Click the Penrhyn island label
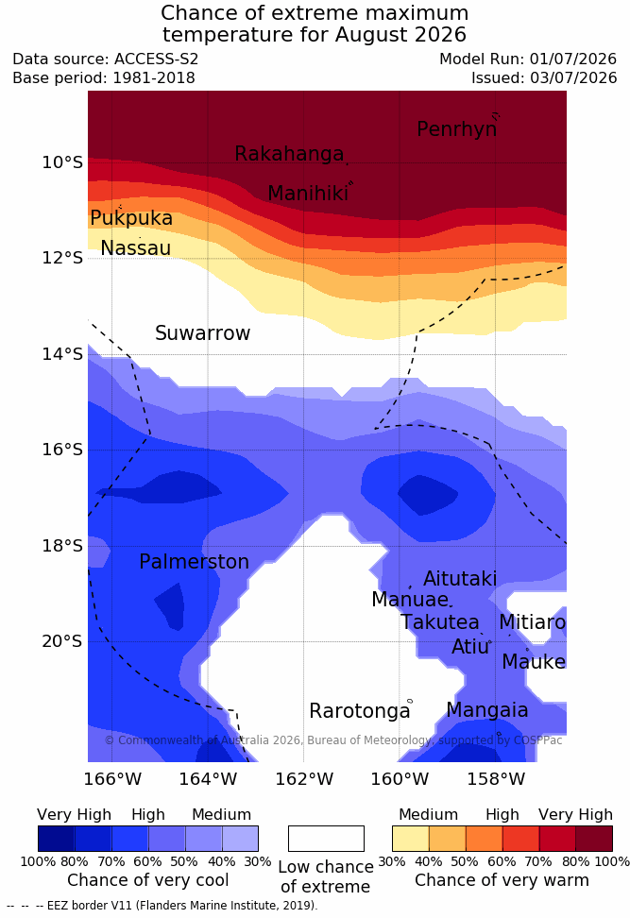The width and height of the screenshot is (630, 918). [x=457, y=128]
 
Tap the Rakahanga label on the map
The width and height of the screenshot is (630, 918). [x=289, y=153]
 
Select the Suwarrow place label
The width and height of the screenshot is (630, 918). [x=202, y=333]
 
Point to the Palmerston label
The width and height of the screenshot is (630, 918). [x=194, y=561]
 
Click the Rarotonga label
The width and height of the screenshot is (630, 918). [x=360, y=711]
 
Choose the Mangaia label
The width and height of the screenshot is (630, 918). [x=487, y=710]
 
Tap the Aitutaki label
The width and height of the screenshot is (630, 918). [x=460, y=578]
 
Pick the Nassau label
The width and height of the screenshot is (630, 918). [x=136, y=248]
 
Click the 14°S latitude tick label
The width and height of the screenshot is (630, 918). [x=62, y=354]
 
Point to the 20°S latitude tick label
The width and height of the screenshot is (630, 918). [x=62, y=641]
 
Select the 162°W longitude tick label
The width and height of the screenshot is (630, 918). [x=304, y=779]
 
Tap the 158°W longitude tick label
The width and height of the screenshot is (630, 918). [x=496, y=779]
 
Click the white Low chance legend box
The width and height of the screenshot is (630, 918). [x=326, y=839]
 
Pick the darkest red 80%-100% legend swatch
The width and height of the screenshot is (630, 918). [x=594, y=839]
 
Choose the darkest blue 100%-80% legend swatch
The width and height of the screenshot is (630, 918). [x=57, y=839]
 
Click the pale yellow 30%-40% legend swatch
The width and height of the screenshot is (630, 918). [x=411, y=839]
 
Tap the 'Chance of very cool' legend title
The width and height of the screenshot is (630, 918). [x=148, y=880]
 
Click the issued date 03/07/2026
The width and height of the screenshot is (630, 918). [x=573, y=77]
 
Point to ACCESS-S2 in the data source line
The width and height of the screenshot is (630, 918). [x=157, y=59]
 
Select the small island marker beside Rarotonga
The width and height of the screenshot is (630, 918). [x=410, y=701]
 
